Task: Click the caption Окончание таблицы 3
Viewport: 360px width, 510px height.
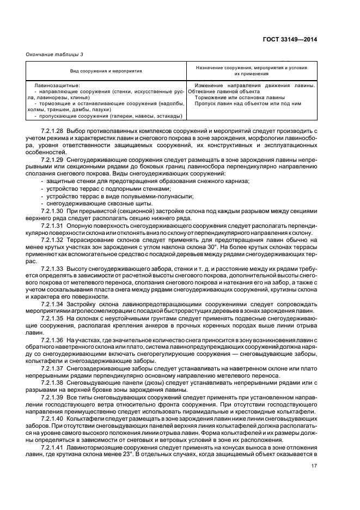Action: pyautogui.click(x=54, y=54)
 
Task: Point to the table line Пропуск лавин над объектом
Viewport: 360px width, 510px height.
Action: pyautogui.click(x=248, y=104)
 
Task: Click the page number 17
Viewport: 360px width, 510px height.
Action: pyautogui.click(x=314, y=466)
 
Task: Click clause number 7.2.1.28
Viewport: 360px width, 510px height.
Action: pyautogui.click(x=53, y=131)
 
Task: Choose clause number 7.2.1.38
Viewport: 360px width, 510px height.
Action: pyautogui.click(x=53, y=382)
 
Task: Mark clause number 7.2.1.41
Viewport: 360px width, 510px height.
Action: pyautogui.click(x=53, y=446)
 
